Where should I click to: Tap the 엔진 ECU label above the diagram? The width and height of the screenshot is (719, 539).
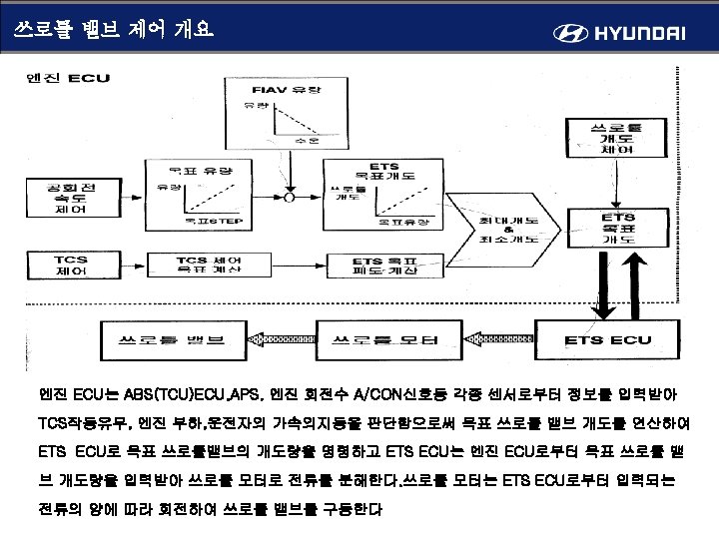coord(68,78)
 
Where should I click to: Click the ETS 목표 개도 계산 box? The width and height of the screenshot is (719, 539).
coord(384,265)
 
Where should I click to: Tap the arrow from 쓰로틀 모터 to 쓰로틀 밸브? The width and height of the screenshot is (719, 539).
coord(283,339)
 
